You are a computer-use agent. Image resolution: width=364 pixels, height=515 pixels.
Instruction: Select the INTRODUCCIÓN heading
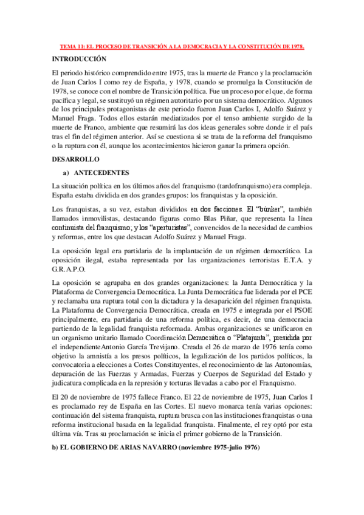coord(80,59)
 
